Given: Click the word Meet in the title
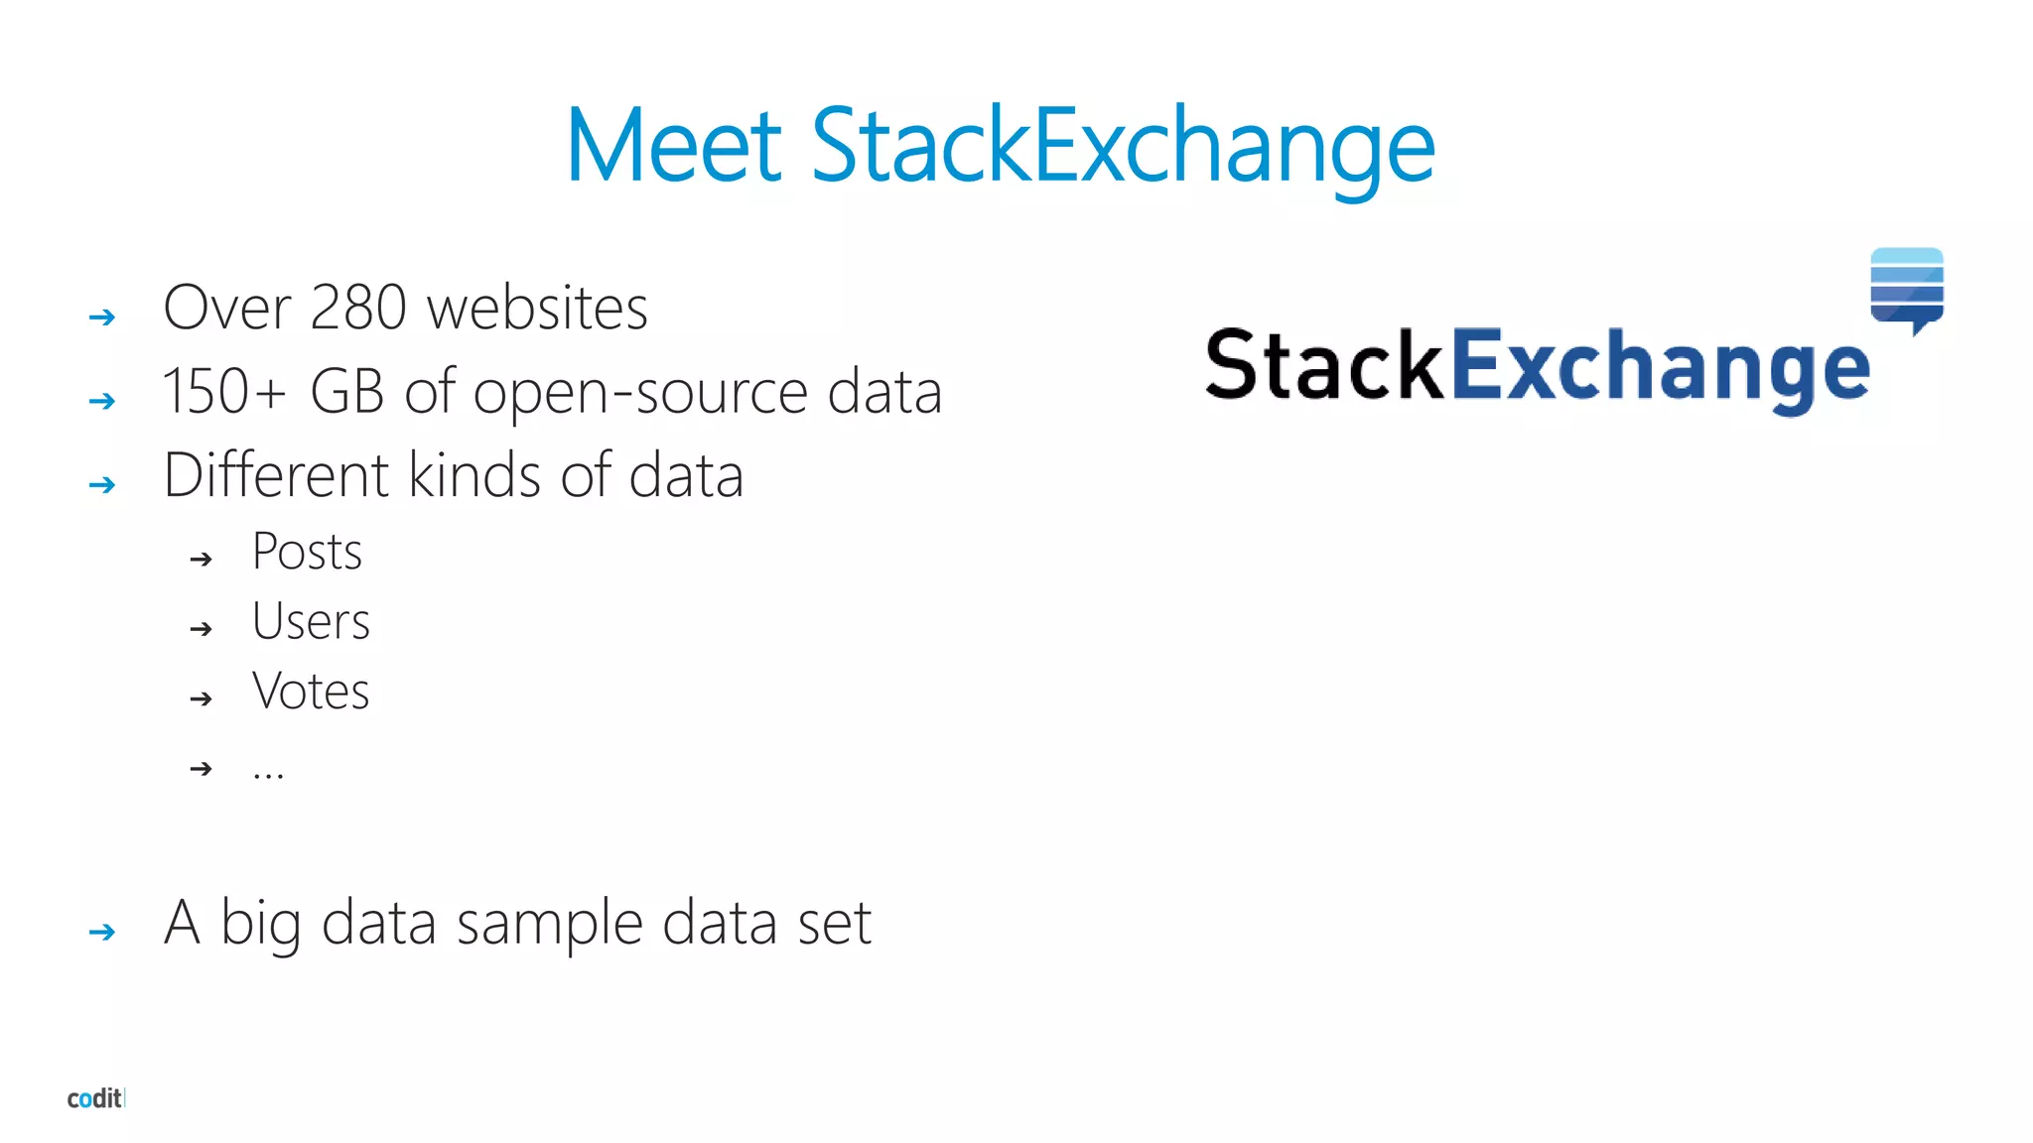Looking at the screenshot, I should pyautogui.click(x=675, y=147).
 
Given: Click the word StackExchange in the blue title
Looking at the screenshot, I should pyautogui.click(x=1123, y=147).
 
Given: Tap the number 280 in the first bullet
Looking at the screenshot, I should pyautogui.click(x=358, y=308).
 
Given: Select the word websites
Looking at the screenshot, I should pyautogui.click(x=537, y=308).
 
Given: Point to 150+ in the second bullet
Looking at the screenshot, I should pyautogui.click(x=224, y=391).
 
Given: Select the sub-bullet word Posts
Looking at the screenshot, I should pyautogui.click(x=307, y=552).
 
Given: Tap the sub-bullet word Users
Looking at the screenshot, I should pyautogui.click(x=311, y=622).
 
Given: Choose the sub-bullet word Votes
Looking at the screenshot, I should pyautogui.click(x=311, y=692).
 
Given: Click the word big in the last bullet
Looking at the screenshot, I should pyautogui.click(x=260, y=924).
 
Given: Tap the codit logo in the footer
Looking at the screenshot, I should pyautogui.click(x=95, y=1098).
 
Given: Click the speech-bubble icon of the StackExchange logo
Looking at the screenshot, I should pyautogui.click(x=1907, y=289).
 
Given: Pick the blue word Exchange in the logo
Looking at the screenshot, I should pyautogui.click(x=1661, y=367).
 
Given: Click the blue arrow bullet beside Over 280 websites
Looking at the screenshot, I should pyautogui.click(x=102, y=317).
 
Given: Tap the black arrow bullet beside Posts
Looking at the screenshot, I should pyautogui.click(x=202, y=560).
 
